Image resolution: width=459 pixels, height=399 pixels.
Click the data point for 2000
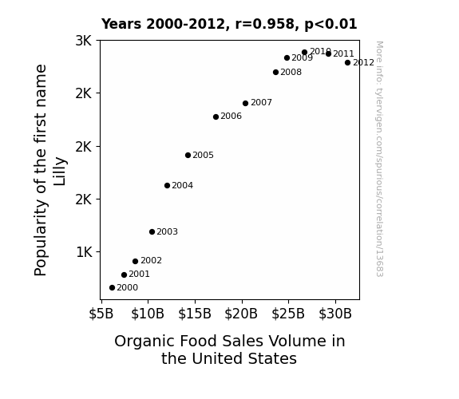(x=112, y=288)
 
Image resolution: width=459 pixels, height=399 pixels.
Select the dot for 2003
(x=152, y=232)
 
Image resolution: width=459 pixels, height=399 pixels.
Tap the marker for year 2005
(x=188, y=155)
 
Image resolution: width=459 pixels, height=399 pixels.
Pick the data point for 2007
(x=246, y=103)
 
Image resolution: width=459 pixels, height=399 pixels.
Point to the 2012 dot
(x=347, y=63)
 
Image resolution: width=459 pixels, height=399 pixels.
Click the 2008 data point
(x=275, y=72)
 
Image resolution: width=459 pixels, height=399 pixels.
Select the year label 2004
(x=182, y=186)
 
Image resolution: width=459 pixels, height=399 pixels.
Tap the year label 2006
(x=231, y=117)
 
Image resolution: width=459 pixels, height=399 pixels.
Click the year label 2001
(x=140, y=274)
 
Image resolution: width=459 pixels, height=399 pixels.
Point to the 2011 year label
(x=344, y=53)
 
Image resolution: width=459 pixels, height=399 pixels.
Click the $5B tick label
(x=101, y=314)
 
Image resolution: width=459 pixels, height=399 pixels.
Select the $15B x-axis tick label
(x=195, y=314)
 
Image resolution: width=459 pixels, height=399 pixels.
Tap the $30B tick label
(x=335, y=314)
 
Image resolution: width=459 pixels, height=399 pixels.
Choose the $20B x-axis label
(x=241, y=314)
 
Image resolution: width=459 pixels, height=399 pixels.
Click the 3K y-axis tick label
(x=84, y=41)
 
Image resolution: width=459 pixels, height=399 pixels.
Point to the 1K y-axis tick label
(x=84, y=251)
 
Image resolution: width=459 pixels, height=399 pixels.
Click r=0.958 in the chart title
(x=266, y=24)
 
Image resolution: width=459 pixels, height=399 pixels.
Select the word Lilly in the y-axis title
(x=60, y=172)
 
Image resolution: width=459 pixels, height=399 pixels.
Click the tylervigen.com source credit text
(x=379, y=159)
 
